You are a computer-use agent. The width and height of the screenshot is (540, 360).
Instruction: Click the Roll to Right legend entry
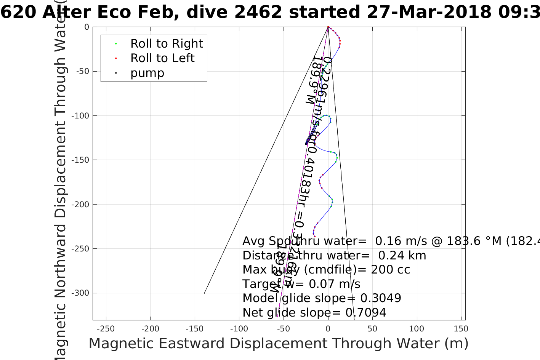(x=167, y=44)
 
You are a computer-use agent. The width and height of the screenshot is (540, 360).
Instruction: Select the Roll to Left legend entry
(x=162, y=58)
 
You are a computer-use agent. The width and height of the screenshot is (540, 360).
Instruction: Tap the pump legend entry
(x=147, y=73)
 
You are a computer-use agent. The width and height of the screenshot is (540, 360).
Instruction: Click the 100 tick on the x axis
(x=417, y=329)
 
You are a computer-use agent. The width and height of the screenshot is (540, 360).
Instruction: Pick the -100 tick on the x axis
(x=239, y=329)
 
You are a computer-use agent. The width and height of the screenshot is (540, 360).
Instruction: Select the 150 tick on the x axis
(x=461, y=329)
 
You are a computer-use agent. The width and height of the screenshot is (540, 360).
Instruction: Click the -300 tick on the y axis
(x=82, y=293)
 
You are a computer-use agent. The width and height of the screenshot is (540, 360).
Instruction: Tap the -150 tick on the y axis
(x=82, y=160)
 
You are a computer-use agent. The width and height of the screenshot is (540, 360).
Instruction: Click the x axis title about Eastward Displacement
(x=278, y=344)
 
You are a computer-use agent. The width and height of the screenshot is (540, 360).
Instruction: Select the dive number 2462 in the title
(x=258, y=13)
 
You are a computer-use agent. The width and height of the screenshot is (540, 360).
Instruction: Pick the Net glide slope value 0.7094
(x=366, y=313)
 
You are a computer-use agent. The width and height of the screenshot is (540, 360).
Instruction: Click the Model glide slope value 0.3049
(x=381, y=298)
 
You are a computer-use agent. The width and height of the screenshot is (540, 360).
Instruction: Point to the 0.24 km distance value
(x=402, y=256)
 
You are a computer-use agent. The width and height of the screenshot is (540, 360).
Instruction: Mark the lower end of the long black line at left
(x=204, y=294)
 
